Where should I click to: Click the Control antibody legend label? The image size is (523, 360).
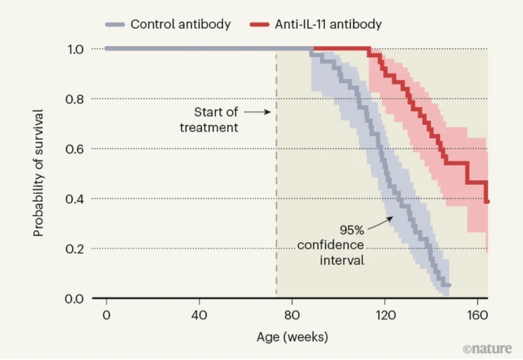pos(180,24)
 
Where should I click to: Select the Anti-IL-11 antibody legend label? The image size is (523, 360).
pos(328,24)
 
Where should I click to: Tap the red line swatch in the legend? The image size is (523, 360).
pos(259,25)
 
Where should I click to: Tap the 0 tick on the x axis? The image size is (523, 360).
pos(106,315)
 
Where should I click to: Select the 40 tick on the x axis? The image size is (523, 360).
pos(199,315)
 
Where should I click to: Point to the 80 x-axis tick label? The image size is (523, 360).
pos(292,315)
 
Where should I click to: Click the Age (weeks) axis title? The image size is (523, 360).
pos(292,336)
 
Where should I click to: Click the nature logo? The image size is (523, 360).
pos(487,348)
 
